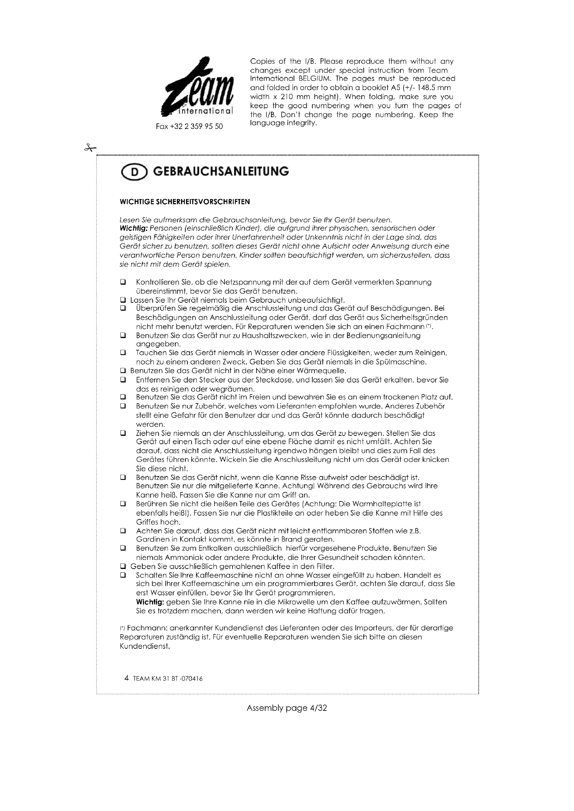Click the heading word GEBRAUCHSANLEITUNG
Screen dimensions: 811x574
click(x=221, y=172)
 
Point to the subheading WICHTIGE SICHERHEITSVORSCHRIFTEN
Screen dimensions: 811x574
click(x=185, y=202)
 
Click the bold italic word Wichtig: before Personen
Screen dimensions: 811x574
click(x=134, y=228)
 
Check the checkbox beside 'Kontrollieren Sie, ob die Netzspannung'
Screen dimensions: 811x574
click(x=123, y=282)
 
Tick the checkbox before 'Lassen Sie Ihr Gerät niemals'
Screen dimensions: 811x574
click(x=123, y=300)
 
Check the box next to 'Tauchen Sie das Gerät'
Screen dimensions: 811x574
click(x=123, y=353)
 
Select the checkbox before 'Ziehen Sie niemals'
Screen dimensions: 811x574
click(x=123, y=433)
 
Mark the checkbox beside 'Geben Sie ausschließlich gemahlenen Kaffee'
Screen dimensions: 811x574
click(x=123, y=567)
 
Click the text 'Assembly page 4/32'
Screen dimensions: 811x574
click(x=287, y=708)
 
